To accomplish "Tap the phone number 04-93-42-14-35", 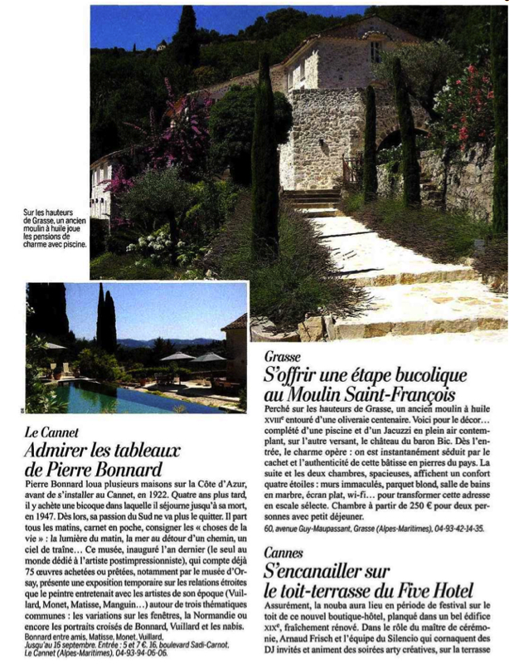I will (x=448, y=527).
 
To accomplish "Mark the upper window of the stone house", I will (x=376, y=51).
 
